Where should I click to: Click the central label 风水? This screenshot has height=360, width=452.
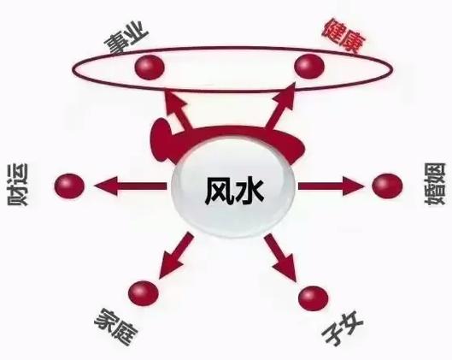(234, 192)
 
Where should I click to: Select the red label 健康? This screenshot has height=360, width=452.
(344, 35)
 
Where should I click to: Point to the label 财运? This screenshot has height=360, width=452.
(18, 185)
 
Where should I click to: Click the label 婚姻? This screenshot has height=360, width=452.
(435, 184)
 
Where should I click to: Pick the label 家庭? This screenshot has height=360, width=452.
(116, 327)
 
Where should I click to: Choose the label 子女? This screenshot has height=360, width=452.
(343, 327)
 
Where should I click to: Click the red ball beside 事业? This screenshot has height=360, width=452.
(150, 68)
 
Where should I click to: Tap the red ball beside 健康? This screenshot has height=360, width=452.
(309, 66)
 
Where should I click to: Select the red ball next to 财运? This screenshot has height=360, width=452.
(69, 186)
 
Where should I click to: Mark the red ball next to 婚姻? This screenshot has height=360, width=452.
(387, 186)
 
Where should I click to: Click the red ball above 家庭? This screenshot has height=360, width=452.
(144, 293)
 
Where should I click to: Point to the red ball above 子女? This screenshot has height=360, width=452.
(313, 298)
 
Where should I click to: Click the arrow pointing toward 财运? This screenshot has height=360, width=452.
(131, 186)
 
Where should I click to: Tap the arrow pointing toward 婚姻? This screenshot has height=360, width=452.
(332, 186)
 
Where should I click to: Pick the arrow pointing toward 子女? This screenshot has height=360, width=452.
(281, 257)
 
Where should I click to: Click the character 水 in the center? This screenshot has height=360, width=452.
(249, 192)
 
